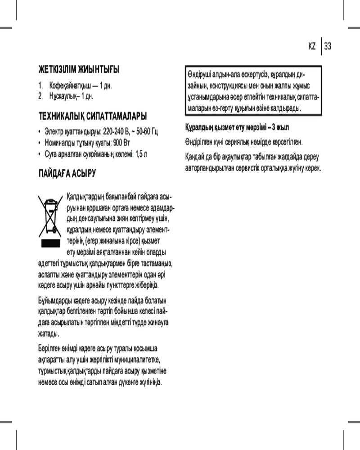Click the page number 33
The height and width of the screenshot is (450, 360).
[x=328, y=46]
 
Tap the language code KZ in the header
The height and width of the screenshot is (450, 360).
[x=312, y=46]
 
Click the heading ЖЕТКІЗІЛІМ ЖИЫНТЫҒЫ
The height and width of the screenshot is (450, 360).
[x=79, y=70]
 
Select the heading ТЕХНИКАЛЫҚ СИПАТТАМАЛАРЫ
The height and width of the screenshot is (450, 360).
[x=92, y=117]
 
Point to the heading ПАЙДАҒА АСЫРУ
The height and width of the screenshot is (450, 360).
[x=67, y=173]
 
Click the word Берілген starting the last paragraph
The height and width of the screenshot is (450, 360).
[x=49, y=349]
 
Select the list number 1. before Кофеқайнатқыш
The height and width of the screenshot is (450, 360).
[x=40, y=85]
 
